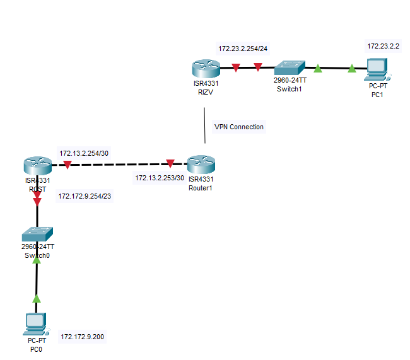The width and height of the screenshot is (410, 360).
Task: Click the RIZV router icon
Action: click(x=204, y=67)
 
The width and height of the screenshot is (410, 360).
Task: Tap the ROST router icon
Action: click(x=37, y=166)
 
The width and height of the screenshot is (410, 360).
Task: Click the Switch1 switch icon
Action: click(x=290, y=67)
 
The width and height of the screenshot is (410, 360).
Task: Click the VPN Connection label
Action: click(x=239, y=127)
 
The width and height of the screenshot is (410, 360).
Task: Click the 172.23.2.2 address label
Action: click(x=385, y=46)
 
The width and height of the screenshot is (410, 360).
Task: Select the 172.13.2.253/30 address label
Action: click(x=160, y=178)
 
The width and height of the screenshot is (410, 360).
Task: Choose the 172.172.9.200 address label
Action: click(x=83, y=337)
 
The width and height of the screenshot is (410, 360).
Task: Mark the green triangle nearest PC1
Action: click(x=352, y=68)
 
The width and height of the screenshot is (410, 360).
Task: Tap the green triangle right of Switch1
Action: click(x=318, y=67)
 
